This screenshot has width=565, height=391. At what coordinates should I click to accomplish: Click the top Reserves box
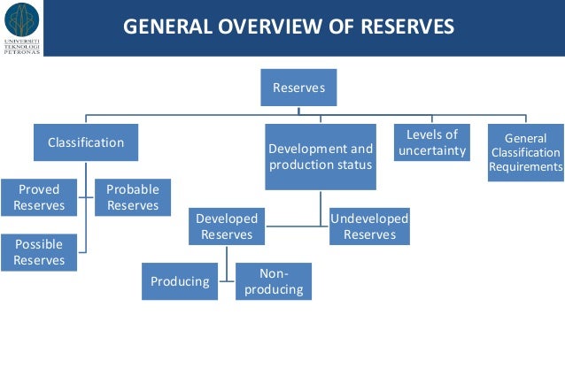point(298,88)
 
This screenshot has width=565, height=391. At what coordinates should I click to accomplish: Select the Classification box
point(86,142)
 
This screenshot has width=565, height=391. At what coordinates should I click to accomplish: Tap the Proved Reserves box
point(39,198)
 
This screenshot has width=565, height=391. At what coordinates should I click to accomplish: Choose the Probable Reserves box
point(133,198)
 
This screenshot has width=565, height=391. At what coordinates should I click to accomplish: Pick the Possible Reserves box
point(39,252)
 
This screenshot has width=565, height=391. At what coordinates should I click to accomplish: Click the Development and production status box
point(321,157)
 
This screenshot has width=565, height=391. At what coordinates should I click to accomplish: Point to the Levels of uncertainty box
point(431,143)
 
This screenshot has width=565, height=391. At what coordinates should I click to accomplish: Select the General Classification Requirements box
point(525,152)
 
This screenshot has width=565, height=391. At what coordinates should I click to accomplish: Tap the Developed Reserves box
point(227,226)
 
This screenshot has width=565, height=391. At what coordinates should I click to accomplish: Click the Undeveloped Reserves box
point(369,226)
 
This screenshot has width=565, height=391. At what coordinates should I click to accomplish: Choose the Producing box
point(180,281)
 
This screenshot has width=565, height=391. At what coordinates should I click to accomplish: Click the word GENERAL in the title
point(161,27)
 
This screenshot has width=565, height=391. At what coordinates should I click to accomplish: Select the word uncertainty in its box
point(431,151)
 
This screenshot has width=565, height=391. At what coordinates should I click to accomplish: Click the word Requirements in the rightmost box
point(525,166)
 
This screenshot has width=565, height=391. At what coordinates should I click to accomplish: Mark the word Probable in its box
point(133,190)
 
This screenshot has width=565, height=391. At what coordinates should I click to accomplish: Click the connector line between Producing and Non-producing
point(227,281)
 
